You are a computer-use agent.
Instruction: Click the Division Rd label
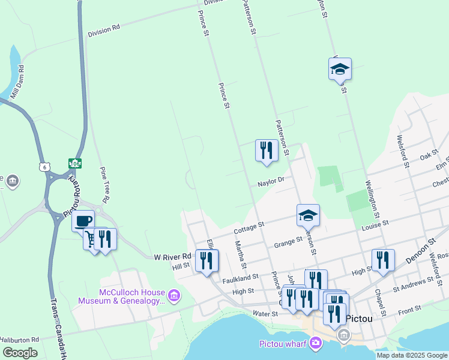pyautogui.click(x=103, y=30)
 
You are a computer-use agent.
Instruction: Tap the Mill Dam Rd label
pyautogui.click(x=17, y=80)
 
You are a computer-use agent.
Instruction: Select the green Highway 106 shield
pyautogui.click(x=75, y=163)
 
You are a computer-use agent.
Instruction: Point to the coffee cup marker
pyautogui.click(x=83, y=220)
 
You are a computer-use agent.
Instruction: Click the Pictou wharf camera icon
pyautogui.click(x=316, y=343)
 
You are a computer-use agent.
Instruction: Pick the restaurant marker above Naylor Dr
pyautogui.click(x=267, y=150)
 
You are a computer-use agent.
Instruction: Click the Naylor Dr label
pyautogui.click(x=271, y=181)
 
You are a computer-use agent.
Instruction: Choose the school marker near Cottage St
pyautogui.click(x=308, y=214)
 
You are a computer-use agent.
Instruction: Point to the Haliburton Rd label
pyautogui.click(x=20, y=340)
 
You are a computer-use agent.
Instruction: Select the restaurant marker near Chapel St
pyautogui.click(x=383, y=259)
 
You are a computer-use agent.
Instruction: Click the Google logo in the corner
pyautogui.click(x=20, y=352)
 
